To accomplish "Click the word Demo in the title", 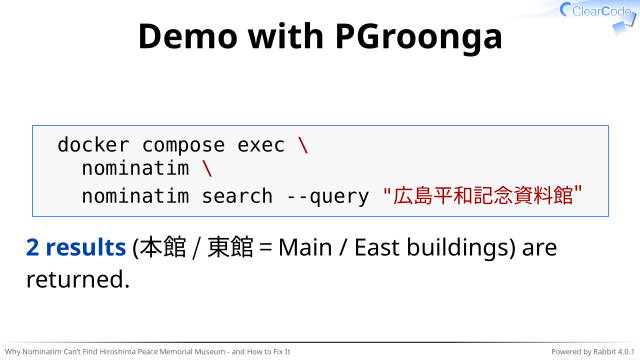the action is [x=188, y=36].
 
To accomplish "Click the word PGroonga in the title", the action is [x=419, y=38].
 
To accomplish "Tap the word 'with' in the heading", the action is [x=286, y=36].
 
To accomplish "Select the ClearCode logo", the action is [x=598, y=16].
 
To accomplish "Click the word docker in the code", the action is [x=93, y=145].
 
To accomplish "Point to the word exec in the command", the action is [x=261, y=146].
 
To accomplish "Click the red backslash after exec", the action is [x=303, y=145].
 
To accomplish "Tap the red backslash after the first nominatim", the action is [x=207, y=168].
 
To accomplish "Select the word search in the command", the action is [x=237, y=196].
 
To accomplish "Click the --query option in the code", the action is [x=328, y=197].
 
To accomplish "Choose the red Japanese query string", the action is [x=482, y=196].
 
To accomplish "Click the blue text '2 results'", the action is [x=76, y=247].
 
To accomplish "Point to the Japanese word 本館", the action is [x=163, y=247].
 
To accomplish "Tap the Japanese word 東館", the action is [x=231, y=247].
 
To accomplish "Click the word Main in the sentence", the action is [x=305, y=248].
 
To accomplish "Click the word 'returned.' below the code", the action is [x=78, y=280].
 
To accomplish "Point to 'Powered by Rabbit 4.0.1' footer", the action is [x=593, y=351].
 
